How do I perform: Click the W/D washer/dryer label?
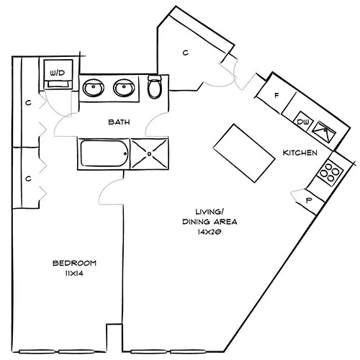coord(56,72)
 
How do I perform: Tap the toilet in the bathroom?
coord(155,88)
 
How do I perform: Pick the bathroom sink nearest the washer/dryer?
coord(94,89)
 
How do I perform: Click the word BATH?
coord(119,122)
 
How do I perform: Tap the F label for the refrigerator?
coord(276,94)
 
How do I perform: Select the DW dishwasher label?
coord(302,122)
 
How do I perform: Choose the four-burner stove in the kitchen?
coord(330,171)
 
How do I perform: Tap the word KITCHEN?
coord(300,153)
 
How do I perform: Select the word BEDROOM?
coord(73,263)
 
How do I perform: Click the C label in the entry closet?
coord(185,53)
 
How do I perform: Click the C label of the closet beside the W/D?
coord(28,103)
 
